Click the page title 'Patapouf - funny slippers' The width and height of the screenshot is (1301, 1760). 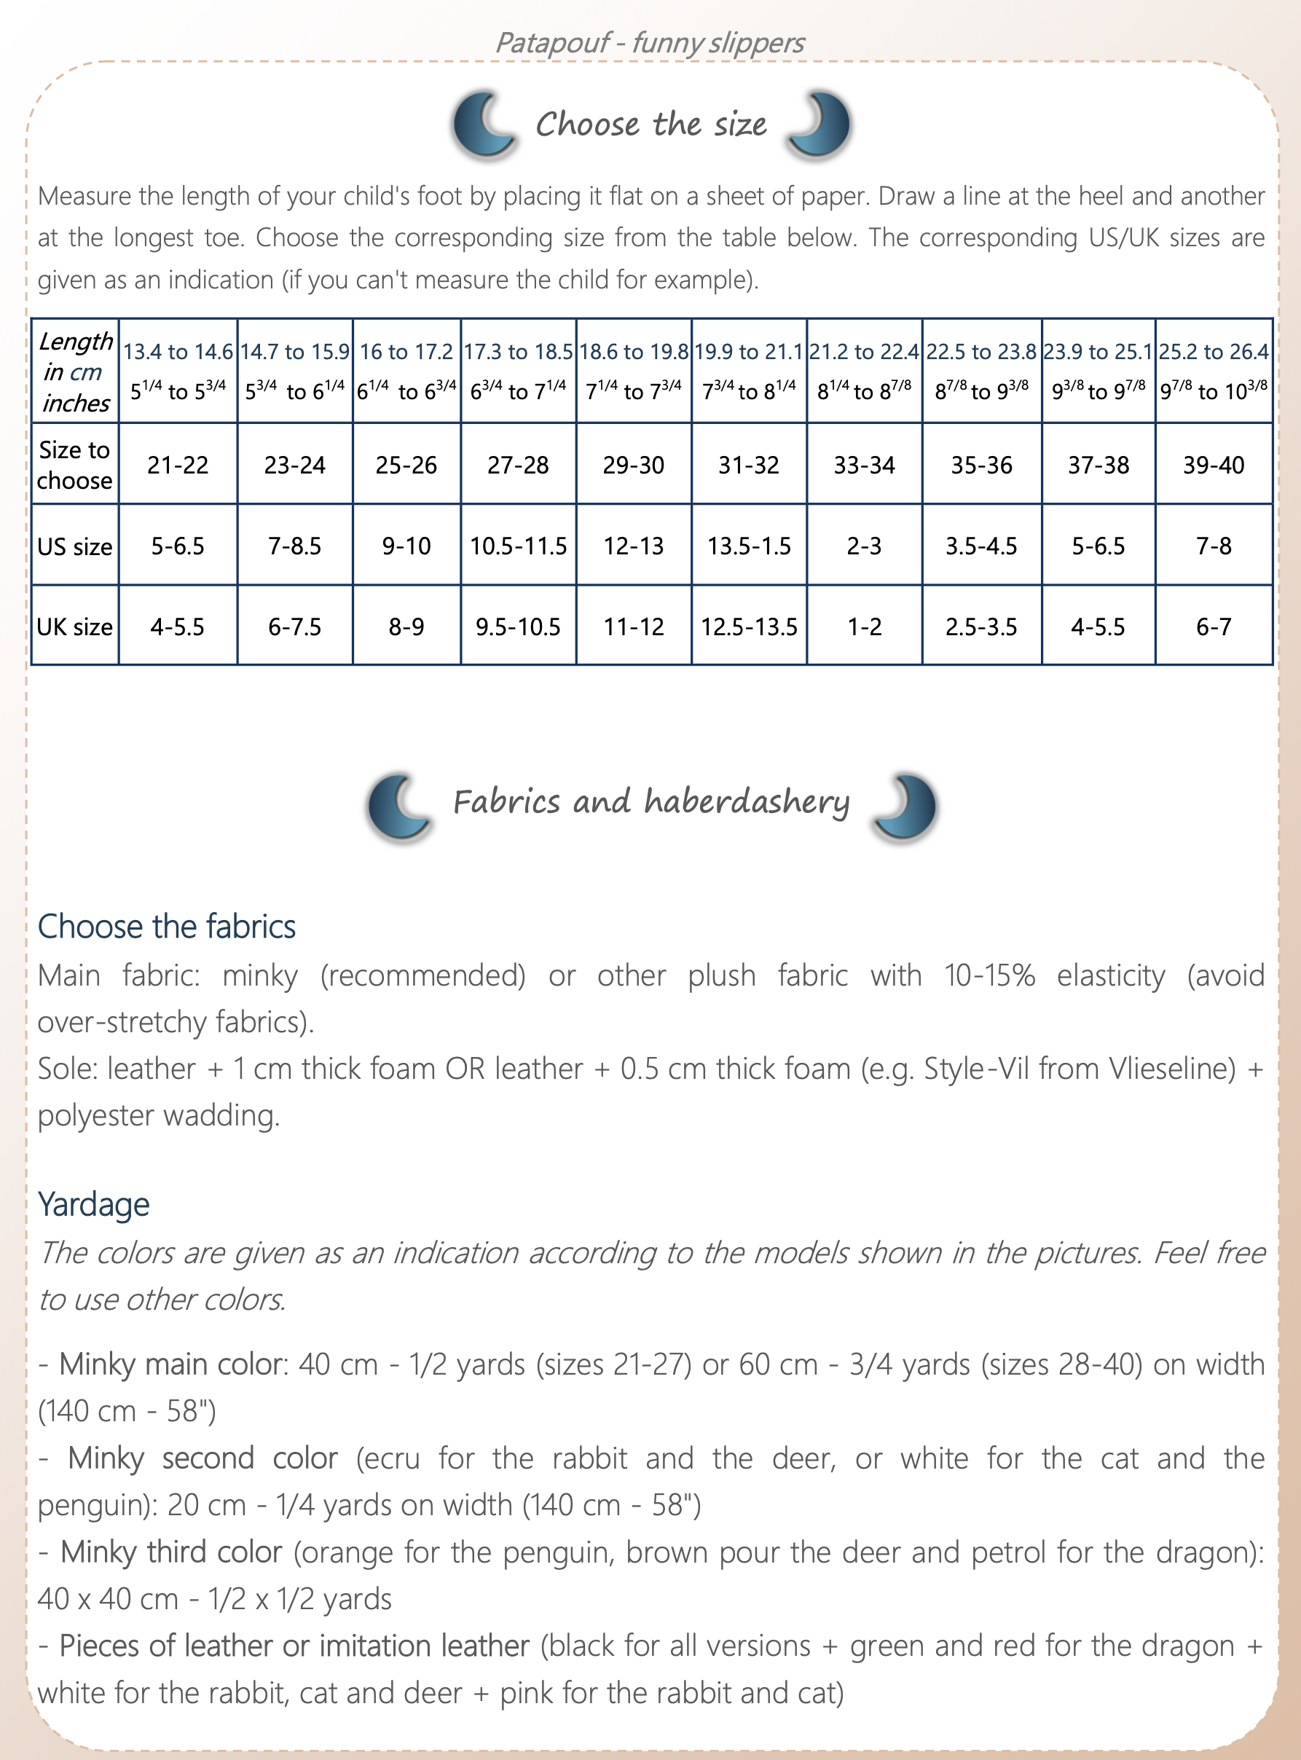(x=650, y=42)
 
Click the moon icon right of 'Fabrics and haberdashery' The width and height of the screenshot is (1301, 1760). (x=905, y=806)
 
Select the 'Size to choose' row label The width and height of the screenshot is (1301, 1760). (x=75, y=465)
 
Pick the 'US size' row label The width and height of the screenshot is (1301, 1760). (x=75, y=546)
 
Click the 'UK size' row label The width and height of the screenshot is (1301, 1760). (x=75, y=626)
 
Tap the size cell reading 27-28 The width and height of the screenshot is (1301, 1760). (x=517, y=465)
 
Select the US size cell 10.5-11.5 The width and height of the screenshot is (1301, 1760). (x=517, y=546)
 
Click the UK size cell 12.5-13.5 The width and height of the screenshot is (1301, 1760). (x=749, y=626)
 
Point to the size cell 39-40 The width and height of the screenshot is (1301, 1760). (x=1214, y=465)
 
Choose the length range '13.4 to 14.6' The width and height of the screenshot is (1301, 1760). (x=178, y=352)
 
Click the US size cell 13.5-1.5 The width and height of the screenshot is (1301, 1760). (x=749, y=546)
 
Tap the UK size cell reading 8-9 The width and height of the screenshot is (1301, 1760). (x=406, y=626)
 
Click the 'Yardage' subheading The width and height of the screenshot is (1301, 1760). (x=94, y=1204)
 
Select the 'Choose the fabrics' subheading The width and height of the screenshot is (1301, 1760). (x=167, y=926)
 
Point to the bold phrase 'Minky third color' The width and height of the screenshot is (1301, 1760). (x=171, y=1552)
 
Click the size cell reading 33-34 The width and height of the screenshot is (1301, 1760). (x=864, y=465)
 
